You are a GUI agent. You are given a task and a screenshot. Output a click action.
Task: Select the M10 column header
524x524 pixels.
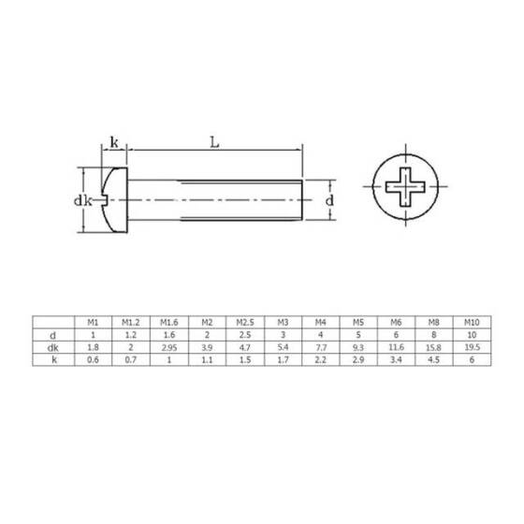coord(473,321)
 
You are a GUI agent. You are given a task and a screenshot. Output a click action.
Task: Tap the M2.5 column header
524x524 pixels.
coord(245,321)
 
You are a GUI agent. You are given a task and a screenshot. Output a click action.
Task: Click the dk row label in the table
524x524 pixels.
coord(55,345)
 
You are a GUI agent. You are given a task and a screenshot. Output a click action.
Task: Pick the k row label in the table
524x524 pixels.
coord(55,357)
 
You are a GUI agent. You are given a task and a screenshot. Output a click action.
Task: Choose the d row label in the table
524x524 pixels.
coord(55,333)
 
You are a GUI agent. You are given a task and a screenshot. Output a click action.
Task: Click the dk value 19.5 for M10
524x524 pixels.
coord(473,345)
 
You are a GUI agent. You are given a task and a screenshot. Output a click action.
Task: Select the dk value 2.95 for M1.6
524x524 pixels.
coord(169,345)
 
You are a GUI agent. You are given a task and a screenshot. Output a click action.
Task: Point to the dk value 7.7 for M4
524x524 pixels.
coord(321,345)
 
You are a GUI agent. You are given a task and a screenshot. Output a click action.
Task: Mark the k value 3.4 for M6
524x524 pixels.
coord(397,357)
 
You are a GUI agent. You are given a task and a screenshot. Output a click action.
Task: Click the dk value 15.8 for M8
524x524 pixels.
coord(434,345)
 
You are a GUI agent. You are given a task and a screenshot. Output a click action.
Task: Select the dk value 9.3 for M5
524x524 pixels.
coord(358,345)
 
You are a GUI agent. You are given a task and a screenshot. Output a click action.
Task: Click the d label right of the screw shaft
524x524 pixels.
coord(329,200)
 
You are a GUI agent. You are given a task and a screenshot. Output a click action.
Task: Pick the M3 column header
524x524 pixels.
coord(283,321)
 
